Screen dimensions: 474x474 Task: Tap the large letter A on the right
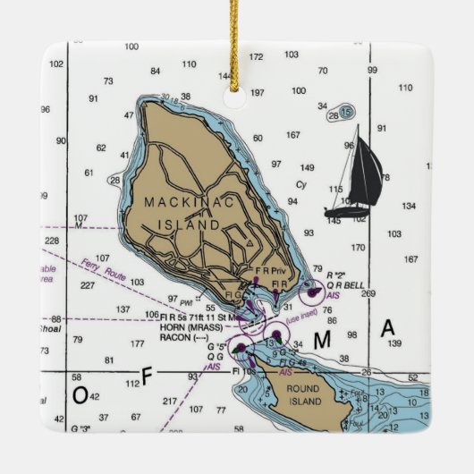click(387, 329)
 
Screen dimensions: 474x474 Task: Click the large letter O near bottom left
click(80, 394)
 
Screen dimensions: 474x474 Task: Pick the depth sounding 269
click(368, 293)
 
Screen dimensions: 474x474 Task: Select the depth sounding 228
click(52, 240)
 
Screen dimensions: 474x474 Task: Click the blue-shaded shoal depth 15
click(345, 112)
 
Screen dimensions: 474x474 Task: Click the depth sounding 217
click(170, 401)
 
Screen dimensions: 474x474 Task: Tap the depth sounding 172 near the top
click(257, 56)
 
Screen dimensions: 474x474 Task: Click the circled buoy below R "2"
click(312, 289)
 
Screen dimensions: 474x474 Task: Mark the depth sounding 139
click(394, 343)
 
